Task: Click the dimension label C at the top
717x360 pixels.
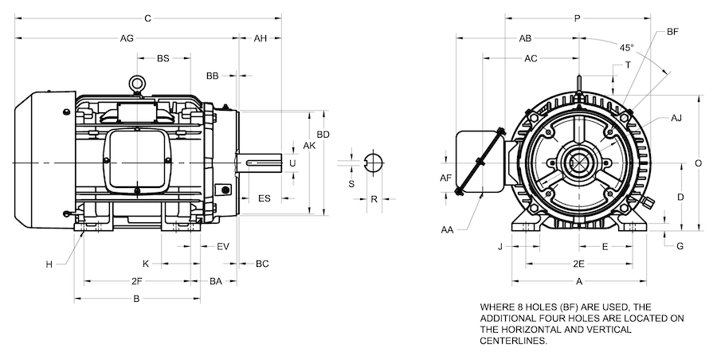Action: click(148, 18)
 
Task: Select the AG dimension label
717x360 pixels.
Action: click(126, 38)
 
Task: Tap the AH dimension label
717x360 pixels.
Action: click(261, 38)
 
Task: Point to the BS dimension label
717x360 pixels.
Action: click(163, 58)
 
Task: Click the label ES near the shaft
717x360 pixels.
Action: click(264, 198)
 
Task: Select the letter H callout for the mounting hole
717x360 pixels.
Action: click(49, 264)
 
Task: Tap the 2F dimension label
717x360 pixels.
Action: click(137, 281)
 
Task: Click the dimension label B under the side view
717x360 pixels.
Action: click(136, 299)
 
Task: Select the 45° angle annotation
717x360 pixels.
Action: click(628, 48)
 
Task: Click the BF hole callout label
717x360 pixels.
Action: click(672, 32)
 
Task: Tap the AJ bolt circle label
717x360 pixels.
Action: click(676, 118)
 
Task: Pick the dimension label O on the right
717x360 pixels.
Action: click(698, 162)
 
